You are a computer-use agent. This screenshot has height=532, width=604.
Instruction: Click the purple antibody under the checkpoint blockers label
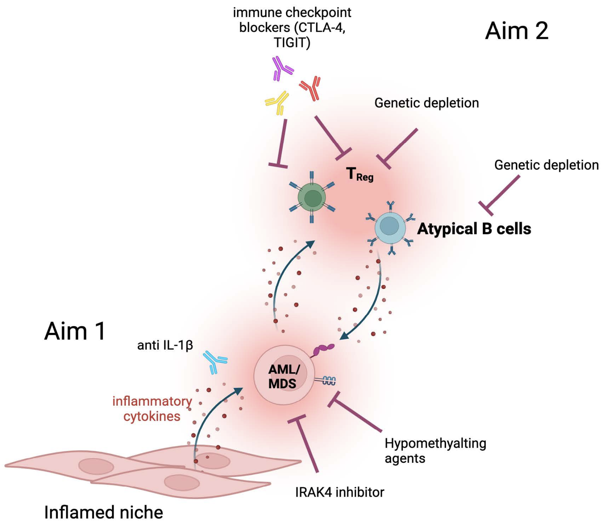[x=281, y=68]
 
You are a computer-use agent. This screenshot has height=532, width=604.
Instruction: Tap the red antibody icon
[x=310, y=88]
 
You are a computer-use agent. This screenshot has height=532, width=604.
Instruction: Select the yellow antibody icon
[x=277, y=102]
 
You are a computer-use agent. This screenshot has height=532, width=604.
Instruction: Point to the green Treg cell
[x=312, y=197]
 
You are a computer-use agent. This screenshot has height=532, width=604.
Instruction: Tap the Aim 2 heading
[x=517, y=31]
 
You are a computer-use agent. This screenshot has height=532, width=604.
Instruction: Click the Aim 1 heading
[x=75, y=331]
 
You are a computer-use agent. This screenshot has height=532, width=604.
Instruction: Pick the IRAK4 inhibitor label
[x=340, y=492]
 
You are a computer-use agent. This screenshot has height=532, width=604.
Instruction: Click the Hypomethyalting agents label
[x=435, y=451]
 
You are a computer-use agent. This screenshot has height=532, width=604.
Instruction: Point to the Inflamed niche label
[x=103, y=512]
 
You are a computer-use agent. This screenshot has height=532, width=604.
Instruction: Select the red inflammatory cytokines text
[x=152, y=408]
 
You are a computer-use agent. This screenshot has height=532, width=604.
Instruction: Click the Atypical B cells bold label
[x=474, y=229]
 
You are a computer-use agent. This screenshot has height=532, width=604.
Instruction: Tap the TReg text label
[x=359, y=175]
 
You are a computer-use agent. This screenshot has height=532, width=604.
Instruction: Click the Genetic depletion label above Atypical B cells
[x=546, y=165]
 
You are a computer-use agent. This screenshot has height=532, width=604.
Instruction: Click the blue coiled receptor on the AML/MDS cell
[x=328, y=380]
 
